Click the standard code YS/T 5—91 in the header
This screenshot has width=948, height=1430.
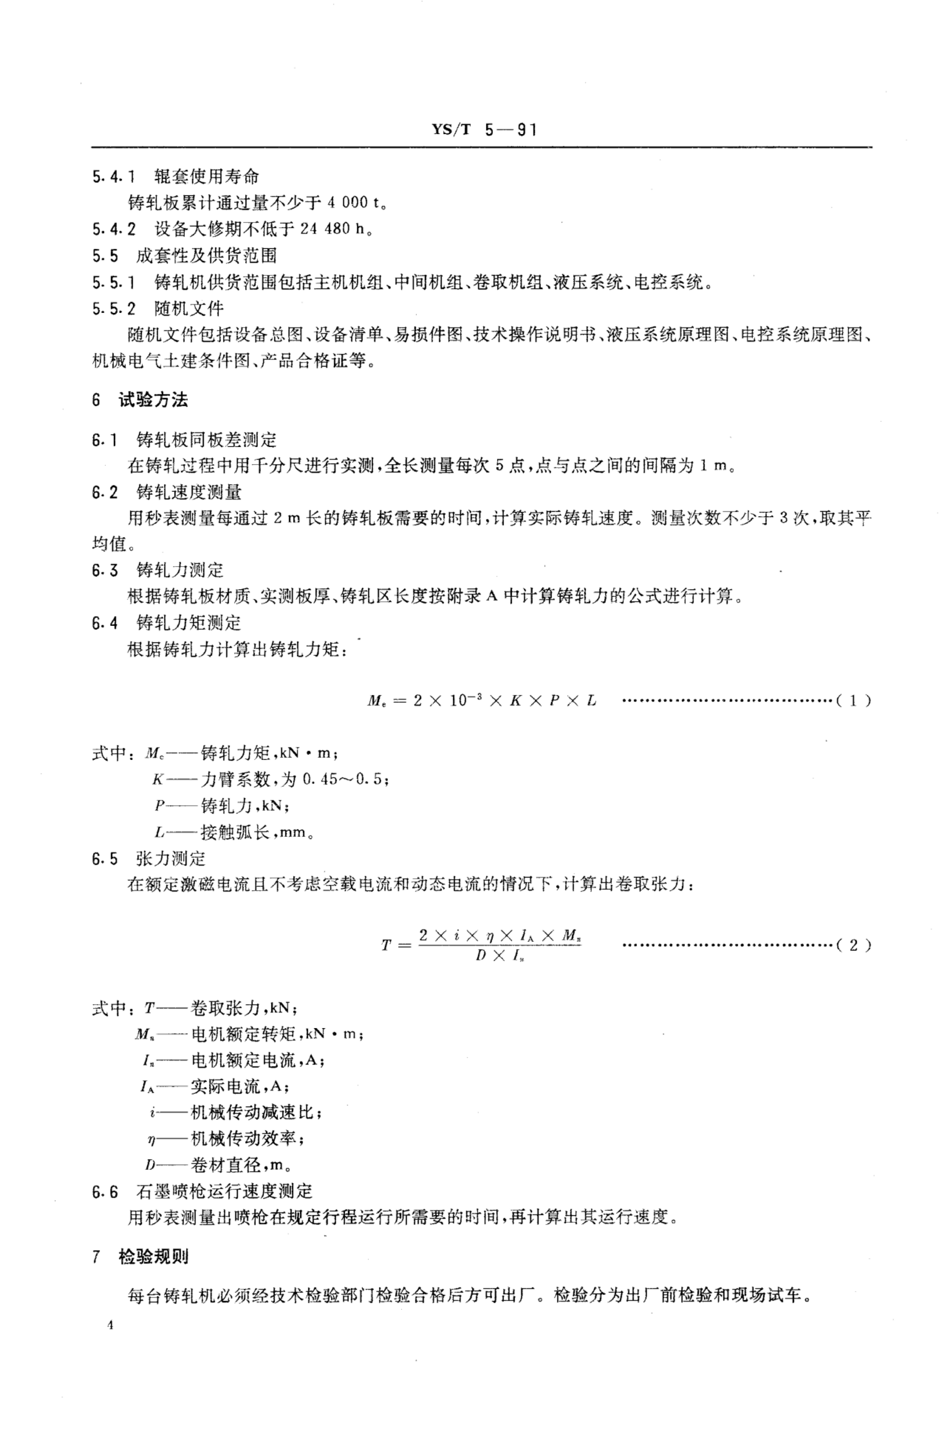[x=484, y=130]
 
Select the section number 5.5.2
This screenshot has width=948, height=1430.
[x=114, y=309]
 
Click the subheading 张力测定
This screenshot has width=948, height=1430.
[x=170, y=859]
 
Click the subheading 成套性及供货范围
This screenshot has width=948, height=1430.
[x=206, y=256]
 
